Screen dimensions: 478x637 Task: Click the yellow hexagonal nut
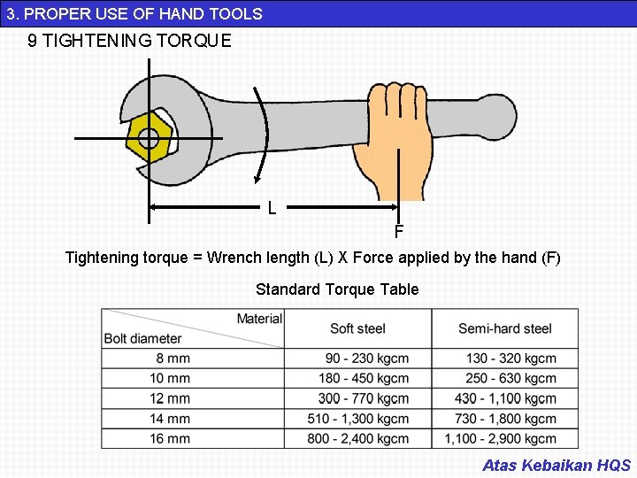[x=148, y=138]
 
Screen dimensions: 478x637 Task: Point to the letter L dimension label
[x=272, y=209]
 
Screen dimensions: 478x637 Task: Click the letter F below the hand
[x=399, y=233]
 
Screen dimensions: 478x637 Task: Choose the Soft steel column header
[x=357, y=328]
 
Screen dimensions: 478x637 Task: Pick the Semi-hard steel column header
[x=504, y=328]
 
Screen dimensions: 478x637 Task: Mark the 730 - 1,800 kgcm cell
[x=505, y=419]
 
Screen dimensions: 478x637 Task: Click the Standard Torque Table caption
[x=337, y=289]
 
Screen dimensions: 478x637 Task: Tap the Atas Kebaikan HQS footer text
[x=556, y=465]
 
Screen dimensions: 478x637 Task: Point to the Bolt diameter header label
[x=142, y=338]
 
